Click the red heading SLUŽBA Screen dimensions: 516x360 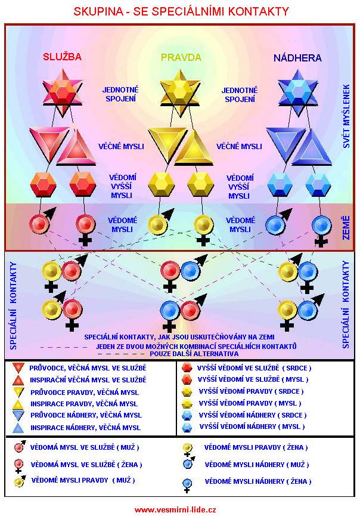[x=62, y=58]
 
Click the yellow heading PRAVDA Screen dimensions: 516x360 [x=181, y=58]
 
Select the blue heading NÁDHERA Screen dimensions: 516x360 [x=297, y=58]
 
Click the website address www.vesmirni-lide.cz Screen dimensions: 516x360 [x=175, y=509]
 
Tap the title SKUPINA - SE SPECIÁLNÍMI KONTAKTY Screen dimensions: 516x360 [x=181, y=11]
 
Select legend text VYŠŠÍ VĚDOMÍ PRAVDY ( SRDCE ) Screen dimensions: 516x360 [x=251, y=391]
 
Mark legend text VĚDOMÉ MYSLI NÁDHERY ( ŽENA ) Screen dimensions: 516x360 [x=257, y=481]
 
